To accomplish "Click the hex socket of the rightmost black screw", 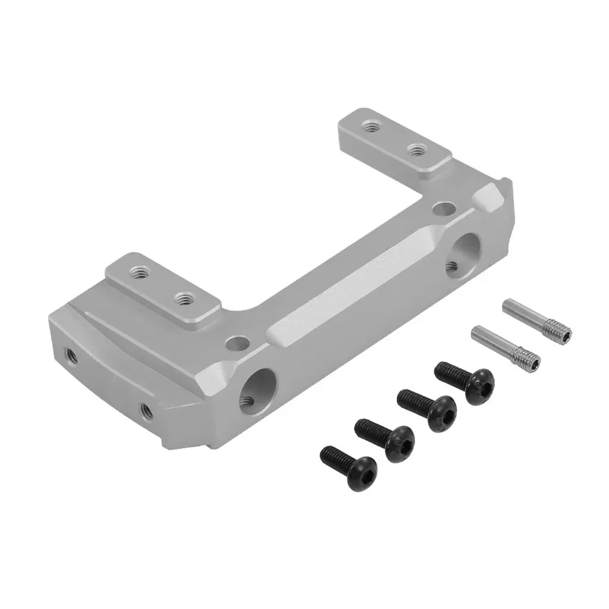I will point(481,391).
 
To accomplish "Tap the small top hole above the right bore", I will point(443,209).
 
